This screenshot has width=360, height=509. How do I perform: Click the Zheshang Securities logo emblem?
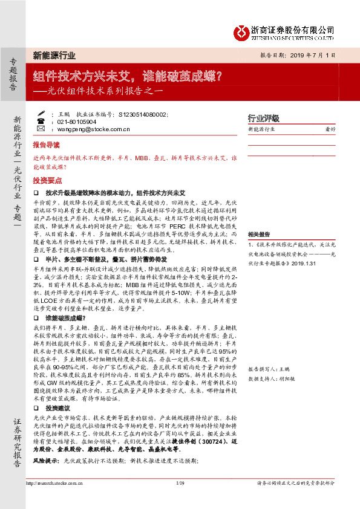point(243,30)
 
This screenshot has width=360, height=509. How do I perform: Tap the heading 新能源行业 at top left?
point(54,56)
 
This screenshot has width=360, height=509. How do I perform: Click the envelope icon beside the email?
point(40,129)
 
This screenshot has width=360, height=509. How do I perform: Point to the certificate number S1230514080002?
point(146,113)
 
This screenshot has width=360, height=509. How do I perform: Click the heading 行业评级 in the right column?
point(264,118)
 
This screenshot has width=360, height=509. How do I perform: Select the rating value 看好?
point(330,129)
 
